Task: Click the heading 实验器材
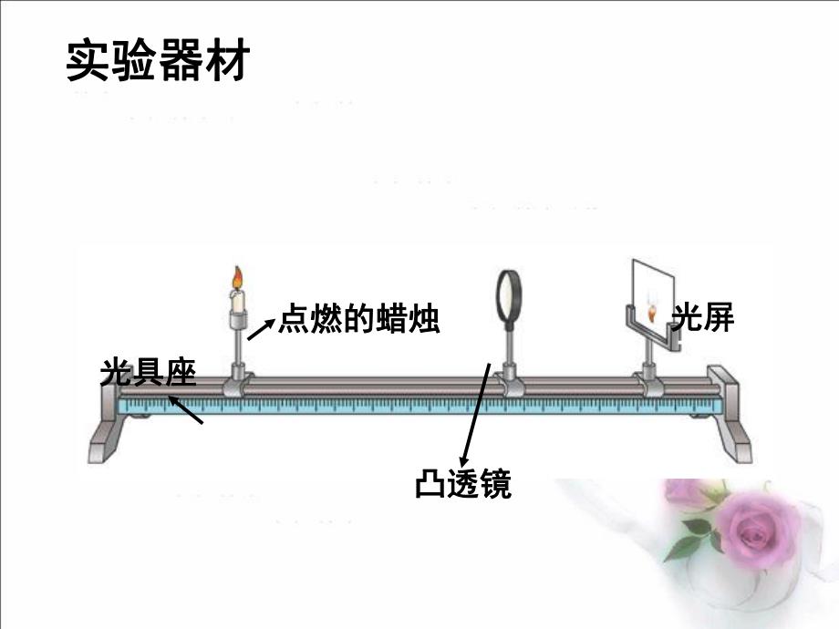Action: [x=157, y=61]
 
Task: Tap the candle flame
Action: [x=238, y=276]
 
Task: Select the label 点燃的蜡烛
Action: [x=357, y=319]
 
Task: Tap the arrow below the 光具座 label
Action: [x=186, y=410]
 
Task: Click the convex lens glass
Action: [x=506, y=296]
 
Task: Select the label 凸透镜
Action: [x=463, y=483]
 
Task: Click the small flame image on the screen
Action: [x=651, y=312]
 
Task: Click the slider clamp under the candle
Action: [x=238, y=383]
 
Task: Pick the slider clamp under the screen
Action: [x=649, y=383]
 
